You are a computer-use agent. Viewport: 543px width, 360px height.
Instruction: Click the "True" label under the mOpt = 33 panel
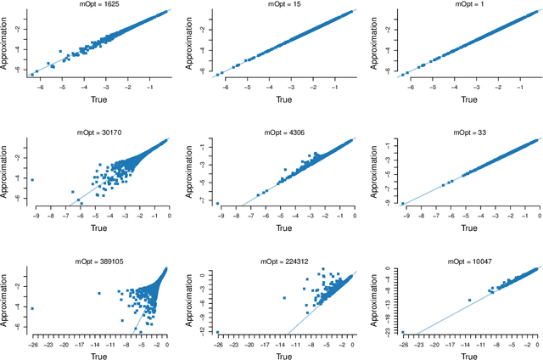point(464,227)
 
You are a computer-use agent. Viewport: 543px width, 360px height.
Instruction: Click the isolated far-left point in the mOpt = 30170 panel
point(32,180)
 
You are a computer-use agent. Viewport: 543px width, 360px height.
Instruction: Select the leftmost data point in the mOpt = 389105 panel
point(32,308)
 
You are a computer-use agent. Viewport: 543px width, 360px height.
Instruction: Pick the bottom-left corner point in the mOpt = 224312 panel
point(218,332)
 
